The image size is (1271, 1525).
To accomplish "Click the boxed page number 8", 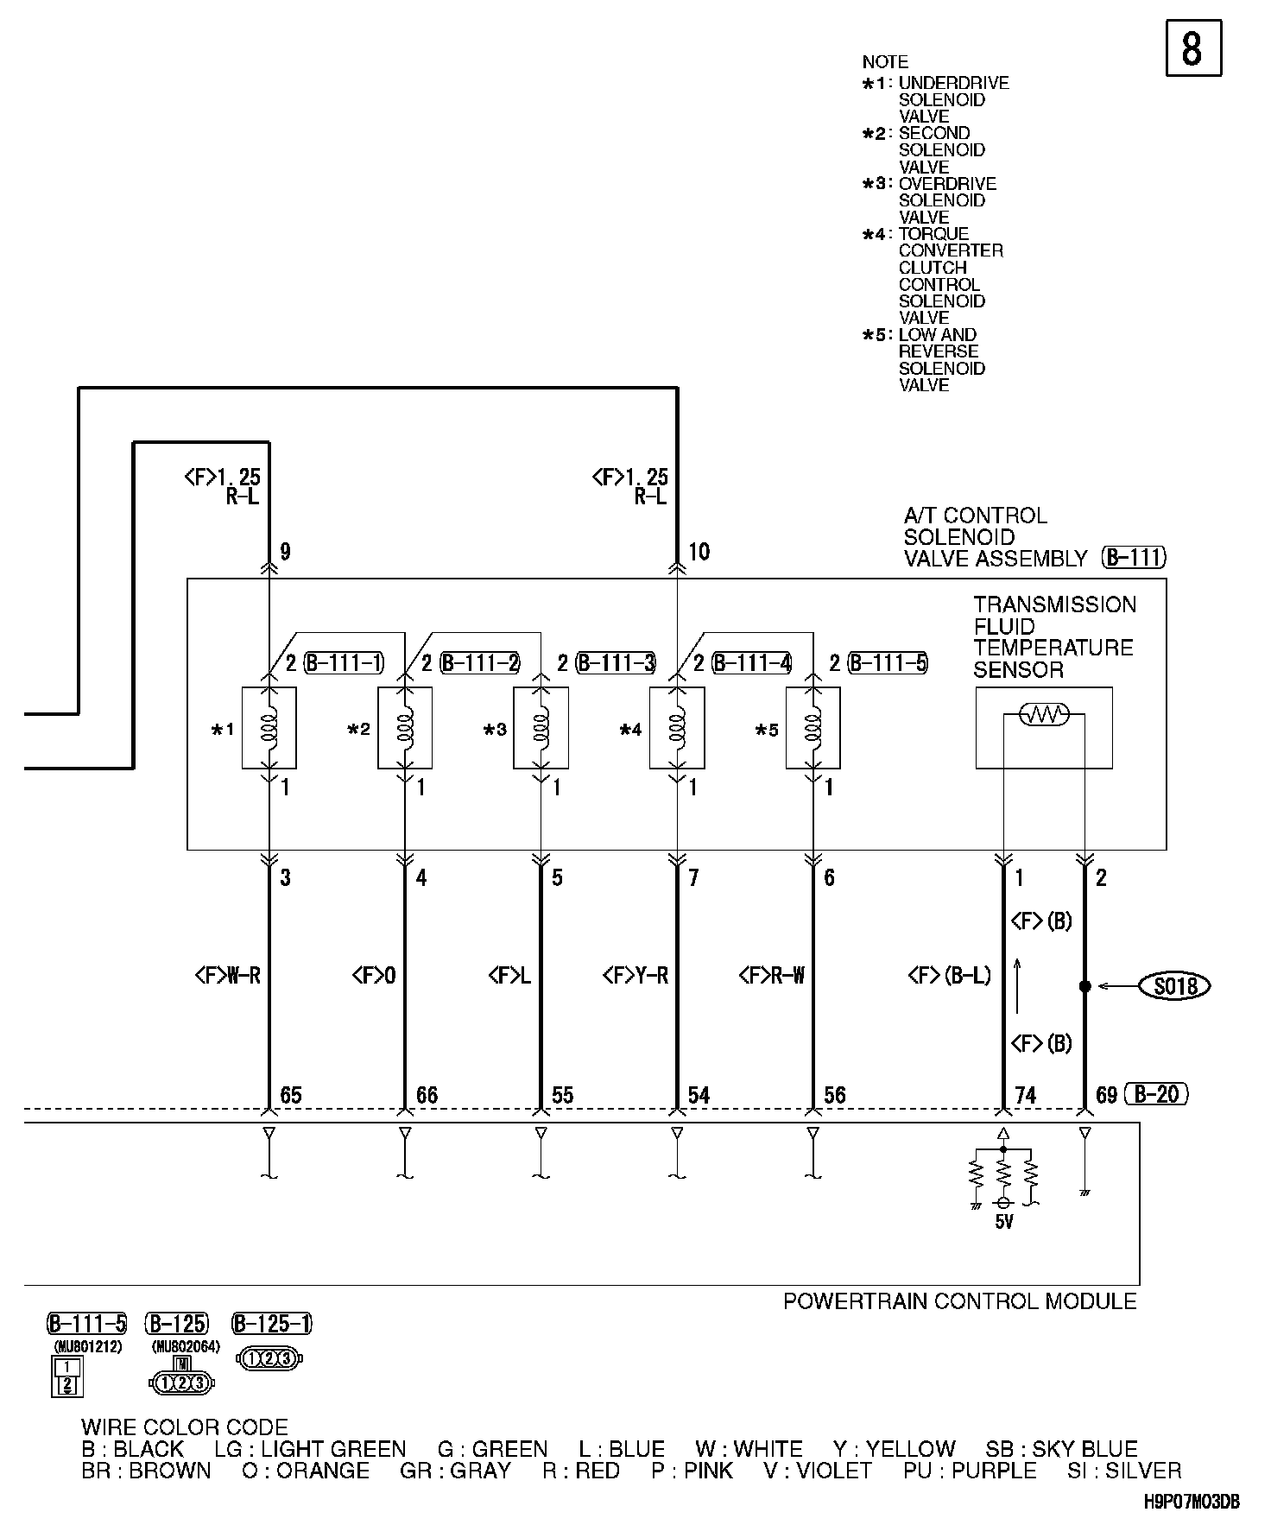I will coord(1193,48).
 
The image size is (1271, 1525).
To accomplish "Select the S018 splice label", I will coord(1175,985).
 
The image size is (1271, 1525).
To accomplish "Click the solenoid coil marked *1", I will coord(269,727).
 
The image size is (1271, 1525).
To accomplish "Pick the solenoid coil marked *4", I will coord(677,727).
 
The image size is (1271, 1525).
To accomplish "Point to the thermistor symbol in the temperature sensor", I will coord(1044,714).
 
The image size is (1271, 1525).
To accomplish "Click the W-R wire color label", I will coord(229,976).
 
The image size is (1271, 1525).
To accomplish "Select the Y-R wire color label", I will coord(635,976).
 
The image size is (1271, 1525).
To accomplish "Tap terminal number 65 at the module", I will coord(291,1095).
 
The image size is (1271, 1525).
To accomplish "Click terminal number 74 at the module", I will coord(1025,1095).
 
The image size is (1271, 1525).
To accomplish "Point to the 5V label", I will coord(1003,1222).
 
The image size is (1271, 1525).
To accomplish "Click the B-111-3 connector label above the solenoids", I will coord(616,663).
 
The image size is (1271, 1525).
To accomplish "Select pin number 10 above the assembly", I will coord(699,552).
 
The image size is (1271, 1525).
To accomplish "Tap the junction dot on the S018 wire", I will coord(1084,985).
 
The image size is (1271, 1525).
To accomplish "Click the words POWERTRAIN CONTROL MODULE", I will coord(959,1301).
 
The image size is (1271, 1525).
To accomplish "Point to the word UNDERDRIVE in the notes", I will coord(953,83).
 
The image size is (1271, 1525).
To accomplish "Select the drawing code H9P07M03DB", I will coord(1192,1503).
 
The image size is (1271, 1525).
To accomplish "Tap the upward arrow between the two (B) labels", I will coord(1017,984).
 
